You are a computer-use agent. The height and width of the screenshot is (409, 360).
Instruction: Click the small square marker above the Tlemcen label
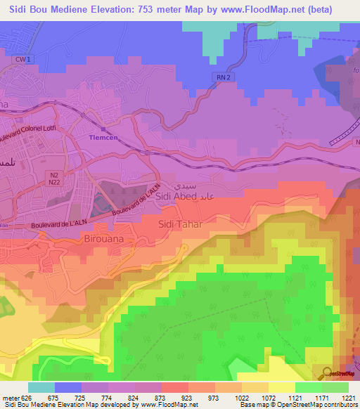click(103, 130)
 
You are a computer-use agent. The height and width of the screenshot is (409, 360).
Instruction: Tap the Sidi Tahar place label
click(181, 224)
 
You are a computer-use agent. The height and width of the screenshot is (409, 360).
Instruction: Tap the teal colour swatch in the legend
click(41, 387)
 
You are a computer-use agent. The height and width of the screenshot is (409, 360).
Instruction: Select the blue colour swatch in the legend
click(68, 387)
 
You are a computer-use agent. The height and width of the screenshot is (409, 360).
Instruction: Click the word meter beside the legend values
click(9, 397)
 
